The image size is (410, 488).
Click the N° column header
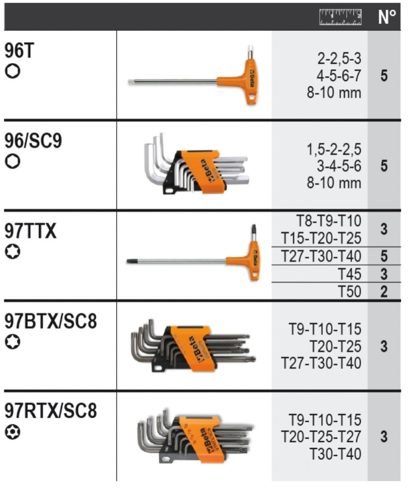click(x=387, y=17)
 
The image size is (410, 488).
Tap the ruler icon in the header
click(x=340, y=17)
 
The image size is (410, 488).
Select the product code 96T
click(x=19, y=50)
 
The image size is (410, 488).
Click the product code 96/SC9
click(x=33, y=141)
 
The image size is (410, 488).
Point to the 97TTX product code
click(x=30, y=231)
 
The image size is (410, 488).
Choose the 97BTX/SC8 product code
click(x=51, y=321)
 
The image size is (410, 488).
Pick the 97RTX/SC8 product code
click(x=51, y=411)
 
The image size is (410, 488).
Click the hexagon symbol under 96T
click(x=13, y=71)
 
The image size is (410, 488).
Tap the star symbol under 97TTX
click(x=13, y=251)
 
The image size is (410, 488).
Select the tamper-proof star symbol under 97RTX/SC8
click(x=13, y=432)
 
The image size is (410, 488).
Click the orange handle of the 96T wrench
click(x=245, y=82)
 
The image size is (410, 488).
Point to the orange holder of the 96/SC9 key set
click(x=202, y=172)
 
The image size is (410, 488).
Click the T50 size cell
click(x=350, y=291)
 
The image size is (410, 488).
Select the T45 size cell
click(x=350, y=274)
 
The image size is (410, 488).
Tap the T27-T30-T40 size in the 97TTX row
click(x=321, y=256)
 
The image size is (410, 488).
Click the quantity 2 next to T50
click(x=384, y=291)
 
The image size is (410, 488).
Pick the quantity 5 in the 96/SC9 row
click(x=384, y=166)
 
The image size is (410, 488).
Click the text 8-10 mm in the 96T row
click(x=334, y=93)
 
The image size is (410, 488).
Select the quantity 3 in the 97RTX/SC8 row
click(x=384, y=436)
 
